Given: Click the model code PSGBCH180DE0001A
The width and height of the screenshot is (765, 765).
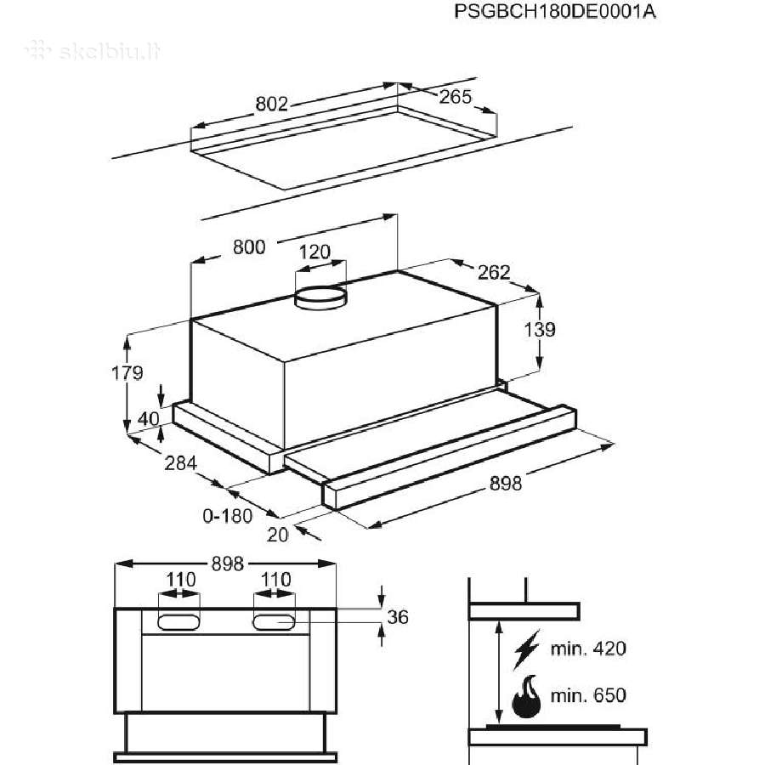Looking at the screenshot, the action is click(x=555, y=11).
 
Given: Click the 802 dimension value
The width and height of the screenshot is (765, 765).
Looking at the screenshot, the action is click(x=272, y=104).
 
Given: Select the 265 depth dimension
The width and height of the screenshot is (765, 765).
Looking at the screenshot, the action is click(x=456, y=97).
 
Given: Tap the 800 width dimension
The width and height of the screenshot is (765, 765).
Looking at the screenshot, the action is click(x=249, y=246).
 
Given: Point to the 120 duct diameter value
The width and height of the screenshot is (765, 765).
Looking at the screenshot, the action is click(x=314, y=252).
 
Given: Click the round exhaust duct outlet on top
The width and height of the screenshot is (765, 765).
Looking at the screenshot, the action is click(x=320, y=297).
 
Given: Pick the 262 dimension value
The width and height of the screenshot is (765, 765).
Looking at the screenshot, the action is click(x=494, y=272).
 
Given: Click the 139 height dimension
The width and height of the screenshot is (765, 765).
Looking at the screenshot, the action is click(x=540, y=330).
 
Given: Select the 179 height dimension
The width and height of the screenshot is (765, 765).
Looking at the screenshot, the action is click(x=127, y=373).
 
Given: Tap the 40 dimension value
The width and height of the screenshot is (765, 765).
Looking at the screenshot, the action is click(x=148, y=418).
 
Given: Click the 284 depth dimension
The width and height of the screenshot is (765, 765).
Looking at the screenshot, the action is click(x=181, y=462).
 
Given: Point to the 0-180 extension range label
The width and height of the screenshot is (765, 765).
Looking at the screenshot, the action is click(x=227, y=516).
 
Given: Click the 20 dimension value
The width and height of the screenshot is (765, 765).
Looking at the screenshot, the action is click(x=278, y=535).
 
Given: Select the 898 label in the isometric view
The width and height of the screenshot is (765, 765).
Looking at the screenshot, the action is click(x=506, y=484).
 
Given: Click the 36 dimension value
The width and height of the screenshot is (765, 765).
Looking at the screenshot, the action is click(x=398, y=617).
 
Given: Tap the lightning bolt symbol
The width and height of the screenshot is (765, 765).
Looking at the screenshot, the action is click(x=527, y=649).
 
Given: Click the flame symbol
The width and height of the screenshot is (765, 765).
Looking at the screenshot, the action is click(x=526, y=696).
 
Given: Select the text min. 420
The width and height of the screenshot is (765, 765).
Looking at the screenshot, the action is click(x=588, y=649).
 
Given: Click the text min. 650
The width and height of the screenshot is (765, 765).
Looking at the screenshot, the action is click(x=588, y=694).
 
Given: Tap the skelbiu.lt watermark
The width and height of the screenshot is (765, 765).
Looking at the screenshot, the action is click(x=93, y=51).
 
